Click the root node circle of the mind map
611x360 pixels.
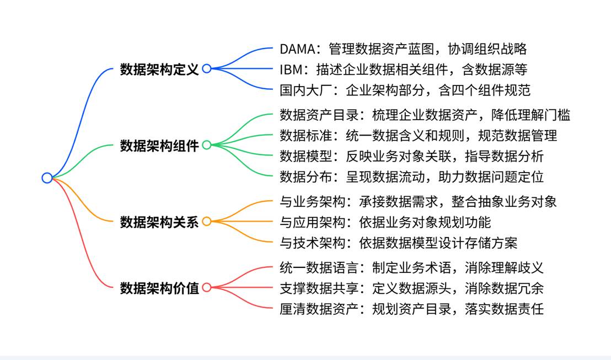point(47,178)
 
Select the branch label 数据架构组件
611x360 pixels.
point(159,146)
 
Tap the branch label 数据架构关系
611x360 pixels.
point(159,222)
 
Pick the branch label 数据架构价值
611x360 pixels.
point(159,288)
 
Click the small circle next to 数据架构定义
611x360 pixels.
point(207,68)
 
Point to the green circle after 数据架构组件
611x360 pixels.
point(207,145)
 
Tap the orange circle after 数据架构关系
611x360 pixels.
point(207,222)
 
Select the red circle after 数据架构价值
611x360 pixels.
point(207,287)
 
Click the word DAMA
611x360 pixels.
point(297,49)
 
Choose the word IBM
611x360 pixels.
point(291,69)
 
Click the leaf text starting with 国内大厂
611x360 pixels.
point(405,89)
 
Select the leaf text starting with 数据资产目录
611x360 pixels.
point(425,115)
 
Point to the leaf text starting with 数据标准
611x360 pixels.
point(418,135)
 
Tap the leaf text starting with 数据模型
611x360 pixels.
point(411,156)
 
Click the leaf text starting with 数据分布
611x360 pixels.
point(411,176)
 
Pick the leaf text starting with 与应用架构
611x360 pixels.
point(385,222)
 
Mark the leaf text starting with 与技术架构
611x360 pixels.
point(398,242)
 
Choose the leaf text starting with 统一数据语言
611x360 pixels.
point(411,267)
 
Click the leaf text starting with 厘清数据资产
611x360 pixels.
point(411,308)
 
